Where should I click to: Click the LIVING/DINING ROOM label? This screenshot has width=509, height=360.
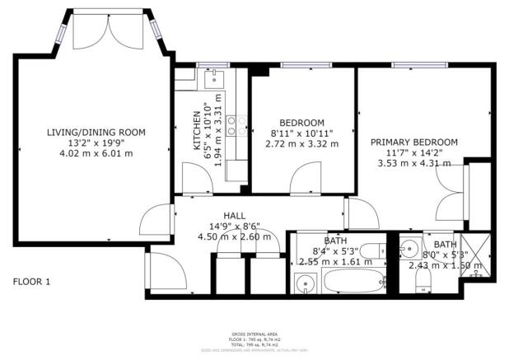[x=96, y=132]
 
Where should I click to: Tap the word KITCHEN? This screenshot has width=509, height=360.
[x=196, y=133]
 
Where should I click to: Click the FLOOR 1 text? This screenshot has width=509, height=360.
[x=31, y=282]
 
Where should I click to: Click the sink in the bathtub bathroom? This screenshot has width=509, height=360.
[x=306, y=285]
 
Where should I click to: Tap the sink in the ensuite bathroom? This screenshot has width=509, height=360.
[x=409, y=247]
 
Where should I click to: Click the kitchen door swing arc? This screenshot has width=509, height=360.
[x=193, y=178]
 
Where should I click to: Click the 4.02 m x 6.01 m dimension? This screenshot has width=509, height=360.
[x=96, y=153]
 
